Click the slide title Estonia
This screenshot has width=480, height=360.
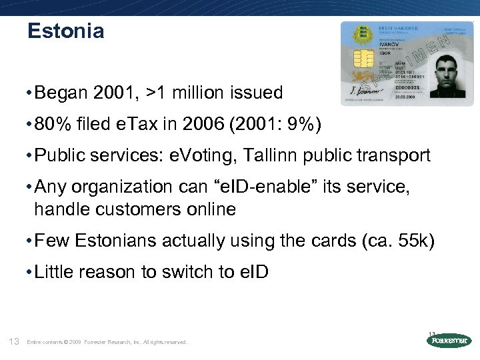point(66,31)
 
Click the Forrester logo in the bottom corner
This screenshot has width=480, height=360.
point(448,341)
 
